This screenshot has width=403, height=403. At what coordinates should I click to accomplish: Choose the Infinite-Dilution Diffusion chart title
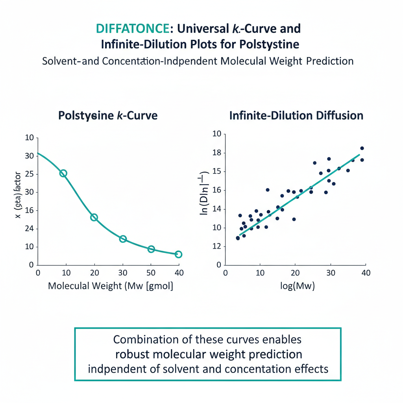click(296, 116)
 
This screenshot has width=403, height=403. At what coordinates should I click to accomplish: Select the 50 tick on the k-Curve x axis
click(151, 273)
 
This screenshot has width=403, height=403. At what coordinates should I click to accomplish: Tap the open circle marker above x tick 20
click(94, 217)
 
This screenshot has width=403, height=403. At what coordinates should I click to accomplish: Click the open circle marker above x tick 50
click(151, 249)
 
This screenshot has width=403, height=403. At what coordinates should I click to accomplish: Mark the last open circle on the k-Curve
click(178, 254)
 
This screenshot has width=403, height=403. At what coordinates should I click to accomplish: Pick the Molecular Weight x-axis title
click(110, 286)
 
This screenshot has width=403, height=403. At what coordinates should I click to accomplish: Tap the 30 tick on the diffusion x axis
click(331, 273)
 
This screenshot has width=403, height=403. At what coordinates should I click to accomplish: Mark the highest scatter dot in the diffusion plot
click(362, 148)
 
